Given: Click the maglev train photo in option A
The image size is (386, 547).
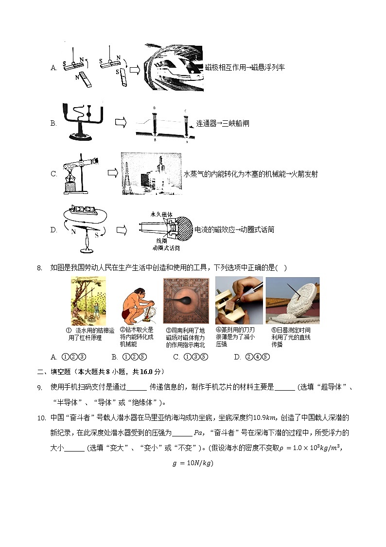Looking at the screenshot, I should pyautogui.click(x=174, y=68).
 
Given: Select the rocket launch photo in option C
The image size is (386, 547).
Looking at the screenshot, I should pyautogui.click(x=151, y=174).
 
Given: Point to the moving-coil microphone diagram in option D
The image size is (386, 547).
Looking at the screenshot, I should pyautogui.click(x=165, y=229).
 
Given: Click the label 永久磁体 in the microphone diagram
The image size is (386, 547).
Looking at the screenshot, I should pyautogui.click(x=161, y=214).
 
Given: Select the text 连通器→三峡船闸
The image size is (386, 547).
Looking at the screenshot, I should pyautogui.click(x=223, y=124).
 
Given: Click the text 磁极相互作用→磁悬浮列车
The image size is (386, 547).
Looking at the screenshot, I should pyautogui.click(x=245, y=68).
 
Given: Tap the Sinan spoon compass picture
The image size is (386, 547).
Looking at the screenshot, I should pyautogui.click(x=186, y=301).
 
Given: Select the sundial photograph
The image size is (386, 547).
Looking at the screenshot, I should pyautogui.click(x=292, y=301).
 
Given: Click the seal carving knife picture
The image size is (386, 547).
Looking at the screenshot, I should pyautogui.click(x=239, y=301).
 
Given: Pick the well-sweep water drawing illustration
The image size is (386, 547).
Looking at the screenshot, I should pyautogui.click(x=88, y=301).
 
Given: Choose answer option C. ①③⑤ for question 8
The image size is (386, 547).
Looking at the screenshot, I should pyautogui.click(x=190, y=357).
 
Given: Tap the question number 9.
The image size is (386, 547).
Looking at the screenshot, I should pyautogui.click(x=40, y=387).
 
